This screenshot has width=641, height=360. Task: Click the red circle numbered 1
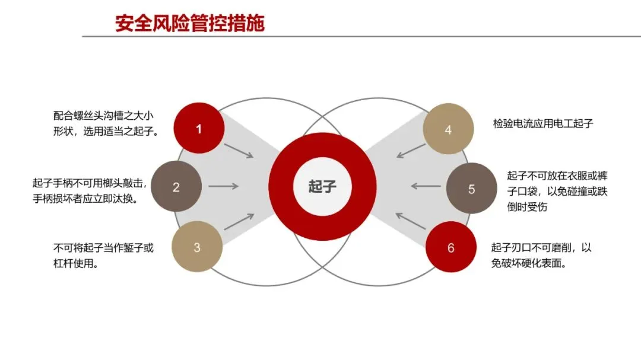[x=199, y=129]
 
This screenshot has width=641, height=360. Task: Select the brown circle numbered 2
[x=176, y=187]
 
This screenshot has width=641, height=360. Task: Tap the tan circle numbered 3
[x=197, y=247]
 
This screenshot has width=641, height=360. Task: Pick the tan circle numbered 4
[x=448, y=129]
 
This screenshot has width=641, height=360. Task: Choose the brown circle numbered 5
[x=471, y=189]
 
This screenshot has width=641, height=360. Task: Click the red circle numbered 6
[x=450, y=247]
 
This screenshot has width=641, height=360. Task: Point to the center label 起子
[x=322, y=187]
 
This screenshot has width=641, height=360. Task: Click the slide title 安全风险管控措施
[x=190, y=23]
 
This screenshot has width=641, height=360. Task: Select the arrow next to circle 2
[x=224, y=186]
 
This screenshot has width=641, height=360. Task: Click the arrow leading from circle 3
[x=239, y=221]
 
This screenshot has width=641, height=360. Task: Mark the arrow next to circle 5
[x=426, y=186]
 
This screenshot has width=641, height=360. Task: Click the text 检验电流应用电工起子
[x=543, y=124]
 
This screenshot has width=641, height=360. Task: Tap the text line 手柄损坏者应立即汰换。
[x=85, y=199]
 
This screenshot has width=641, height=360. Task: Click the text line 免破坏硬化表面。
[x=528, y=263]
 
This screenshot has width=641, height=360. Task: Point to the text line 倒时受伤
[x=527, y=207]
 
